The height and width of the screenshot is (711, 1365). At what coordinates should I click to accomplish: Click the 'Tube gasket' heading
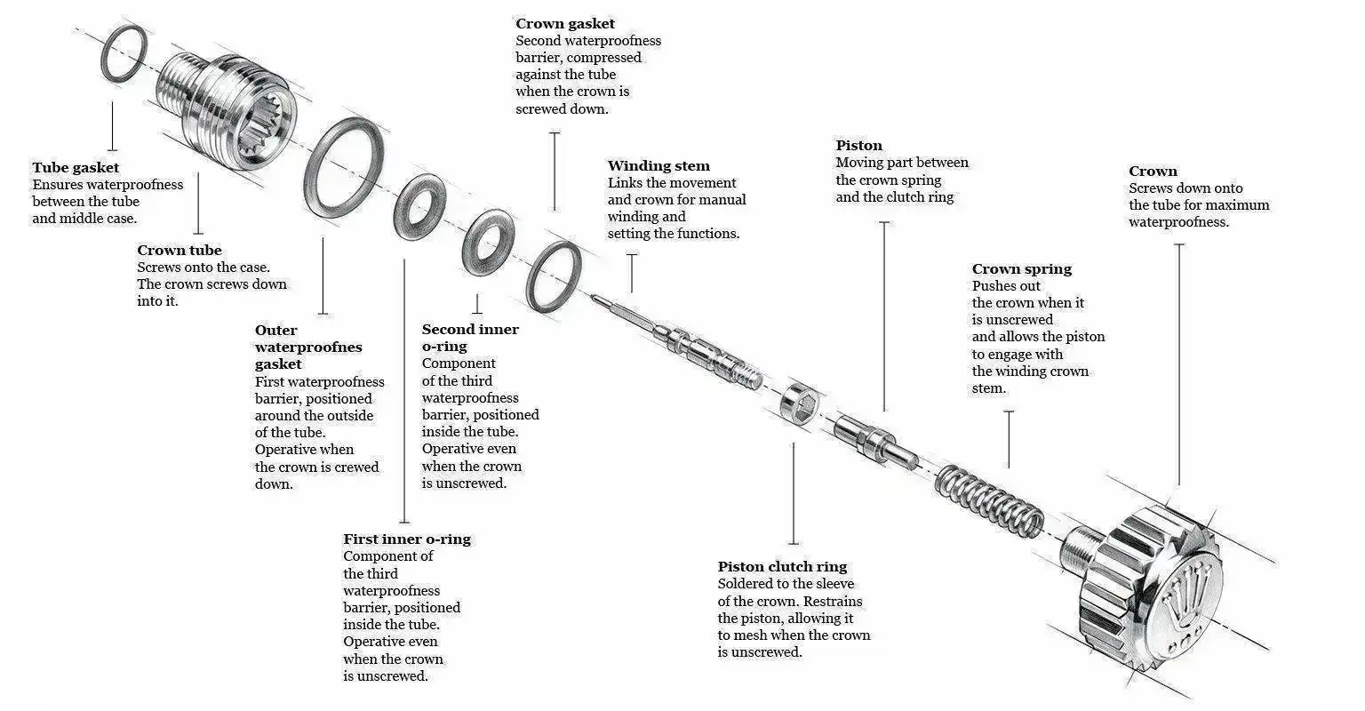pyautogui.click(x=76, y=168)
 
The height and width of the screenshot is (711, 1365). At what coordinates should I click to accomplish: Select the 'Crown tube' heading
pyautogui.click(x=180, y=251)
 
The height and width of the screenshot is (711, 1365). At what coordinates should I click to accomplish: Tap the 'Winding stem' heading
pyautogui.click(x=659, y=166)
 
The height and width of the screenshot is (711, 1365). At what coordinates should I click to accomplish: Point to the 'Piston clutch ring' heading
pyautogui.click(x=782, y=567)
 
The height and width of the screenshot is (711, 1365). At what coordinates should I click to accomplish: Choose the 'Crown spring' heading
pyautogui.click(x=1021, y=269)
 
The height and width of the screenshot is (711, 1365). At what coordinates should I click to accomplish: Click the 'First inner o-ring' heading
pyautogui.click(x=407, y=539)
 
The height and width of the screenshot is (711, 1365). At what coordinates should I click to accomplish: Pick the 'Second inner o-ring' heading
pyautogui.click(x=469, y=338)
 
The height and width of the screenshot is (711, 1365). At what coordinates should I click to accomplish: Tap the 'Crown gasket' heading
pyautogui.click(x=565, y=24)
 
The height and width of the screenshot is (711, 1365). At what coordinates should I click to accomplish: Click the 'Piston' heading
pyautogui.click(x=858, y=146)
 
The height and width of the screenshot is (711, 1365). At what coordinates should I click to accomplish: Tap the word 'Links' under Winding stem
pyautogui.click(x=625, y=183)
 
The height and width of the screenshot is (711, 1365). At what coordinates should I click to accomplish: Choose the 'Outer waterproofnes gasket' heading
pyautogui.click(x=308, y=348)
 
